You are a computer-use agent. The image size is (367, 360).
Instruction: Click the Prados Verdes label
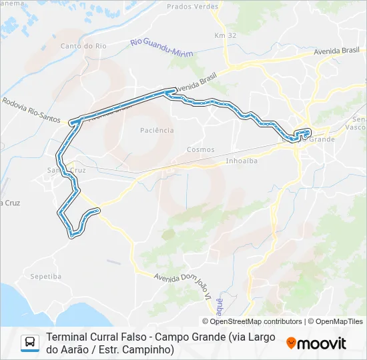[x=194, y=7]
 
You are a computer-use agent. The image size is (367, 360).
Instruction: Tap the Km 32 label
[x=221, y=35]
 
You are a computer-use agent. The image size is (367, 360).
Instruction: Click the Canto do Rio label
[x=83, y=46]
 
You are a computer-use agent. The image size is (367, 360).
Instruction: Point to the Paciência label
[x=158, y=130]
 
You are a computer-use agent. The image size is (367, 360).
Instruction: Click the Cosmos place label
[x=201, y=149]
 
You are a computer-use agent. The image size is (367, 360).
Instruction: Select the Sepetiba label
[x=45, y=275]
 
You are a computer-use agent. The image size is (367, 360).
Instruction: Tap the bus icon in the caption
[x=31, y=343]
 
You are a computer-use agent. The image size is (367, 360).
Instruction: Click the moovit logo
[x=317, y=343]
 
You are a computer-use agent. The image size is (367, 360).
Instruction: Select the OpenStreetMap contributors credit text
[x=256, y=321]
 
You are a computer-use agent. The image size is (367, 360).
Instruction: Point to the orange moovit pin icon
[x=292, y=343]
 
